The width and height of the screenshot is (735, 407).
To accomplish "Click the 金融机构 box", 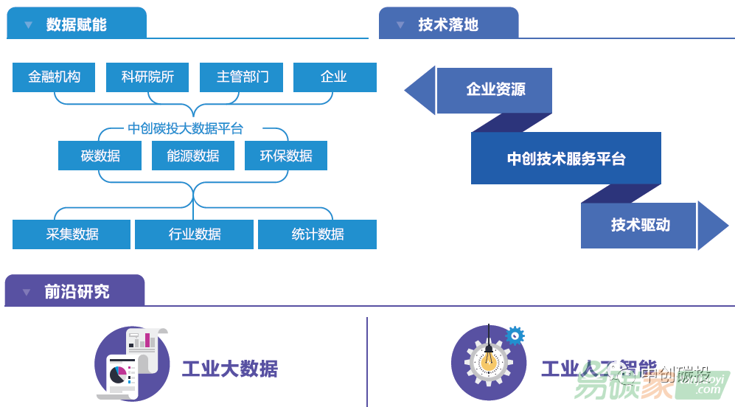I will pyautogui.click(x=54, y=77).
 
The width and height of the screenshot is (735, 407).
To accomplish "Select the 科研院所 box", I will pyautogui.click(x=147, y=77).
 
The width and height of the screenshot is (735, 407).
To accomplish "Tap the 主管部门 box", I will pyautogui.click(x=242, y=77).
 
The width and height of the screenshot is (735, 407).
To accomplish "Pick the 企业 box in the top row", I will pyautogui.click(x=335, y=77).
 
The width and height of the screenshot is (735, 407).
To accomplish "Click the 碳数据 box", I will pyautogui.click(x=100, y=156).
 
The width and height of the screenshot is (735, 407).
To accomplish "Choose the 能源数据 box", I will pyautogui.click(x=193, y=156).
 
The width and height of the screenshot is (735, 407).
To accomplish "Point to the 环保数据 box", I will pyautogui.click(x=286, y=156).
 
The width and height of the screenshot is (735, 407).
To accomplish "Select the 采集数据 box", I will pyautogui.click(x=72, y=234).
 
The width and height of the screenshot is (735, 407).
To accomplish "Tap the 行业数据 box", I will pyautogui.click(x=194, y=234).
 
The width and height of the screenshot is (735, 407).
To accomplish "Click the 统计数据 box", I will pyautogui.click(x=317, y=234).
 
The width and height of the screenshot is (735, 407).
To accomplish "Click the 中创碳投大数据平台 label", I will pyautogui.click(x=185, y=128).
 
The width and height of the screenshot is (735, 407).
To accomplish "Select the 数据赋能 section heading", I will pyautogui.click(x=77, y=24).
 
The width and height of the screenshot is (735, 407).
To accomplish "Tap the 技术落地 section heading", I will pyautogui.click(x=448, y=24).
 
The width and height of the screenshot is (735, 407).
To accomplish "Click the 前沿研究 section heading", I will pyautogui.click(x=76, y=292).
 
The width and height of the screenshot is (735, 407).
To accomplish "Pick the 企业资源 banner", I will pyautogui.click(x=495, y=90).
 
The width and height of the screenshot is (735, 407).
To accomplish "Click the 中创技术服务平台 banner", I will pyautogui.click(x=565, y=159).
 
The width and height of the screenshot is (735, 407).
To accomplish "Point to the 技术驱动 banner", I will pyautogui.click(x=640, y=225).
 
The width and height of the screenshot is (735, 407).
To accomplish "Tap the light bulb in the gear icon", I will pyautogui.click(x=488, y=360).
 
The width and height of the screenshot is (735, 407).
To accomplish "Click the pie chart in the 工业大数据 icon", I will pyautogui.click(x=118, y=375).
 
